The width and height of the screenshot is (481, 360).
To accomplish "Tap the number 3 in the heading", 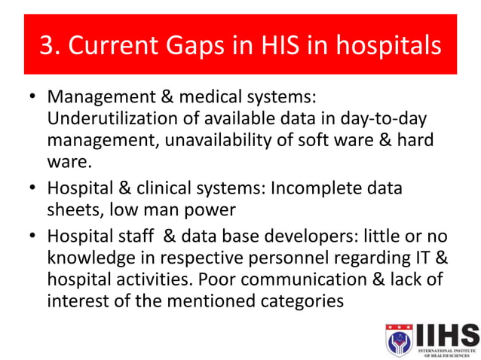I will (x=46, y=46).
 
